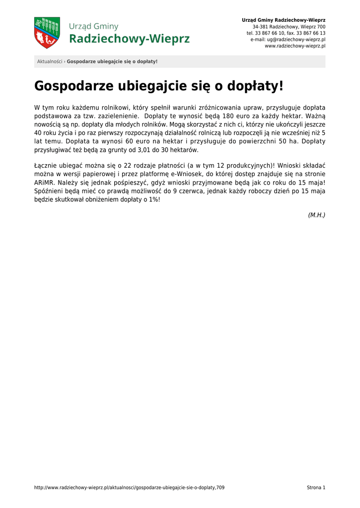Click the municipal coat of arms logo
[x=47, y=33]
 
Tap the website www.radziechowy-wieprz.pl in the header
[x=295, y=46]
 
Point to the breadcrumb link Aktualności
[x=50, y=62]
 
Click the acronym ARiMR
[x=45, y=182]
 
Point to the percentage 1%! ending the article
[x=154, y=199]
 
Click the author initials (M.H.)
[x=316, y=215]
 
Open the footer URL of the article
[x=129, y=488]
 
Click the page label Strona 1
[x=316, y=488]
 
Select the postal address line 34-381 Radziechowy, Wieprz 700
[x=289, y=26]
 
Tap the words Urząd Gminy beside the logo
[x=94, y=26]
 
